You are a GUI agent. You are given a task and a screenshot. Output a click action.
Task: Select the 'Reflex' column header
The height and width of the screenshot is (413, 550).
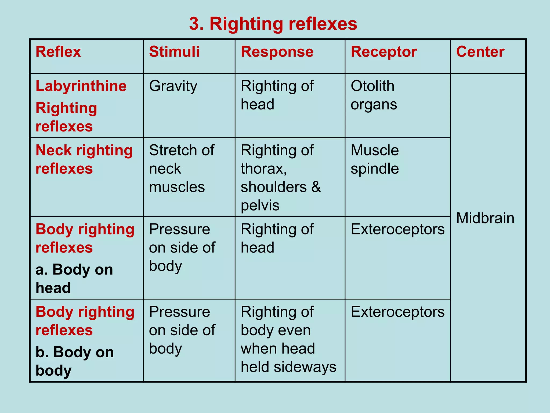[x=58, y=52]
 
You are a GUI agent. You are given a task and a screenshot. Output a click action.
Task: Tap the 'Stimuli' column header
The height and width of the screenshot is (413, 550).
[x=174, y=52]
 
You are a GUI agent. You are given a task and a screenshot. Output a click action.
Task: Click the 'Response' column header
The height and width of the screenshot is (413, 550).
[x=277, y=52]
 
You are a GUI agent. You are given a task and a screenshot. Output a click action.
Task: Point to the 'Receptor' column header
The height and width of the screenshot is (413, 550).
[x=384, y=52]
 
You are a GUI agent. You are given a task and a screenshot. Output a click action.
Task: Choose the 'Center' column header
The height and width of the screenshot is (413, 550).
[x=480, y=52]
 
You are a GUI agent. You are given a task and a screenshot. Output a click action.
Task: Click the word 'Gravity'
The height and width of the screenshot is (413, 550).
[x=173, y=86]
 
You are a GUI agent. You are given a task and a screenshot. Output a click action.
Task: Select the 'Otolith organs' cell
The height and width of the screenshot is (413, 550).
[x=374, y=95]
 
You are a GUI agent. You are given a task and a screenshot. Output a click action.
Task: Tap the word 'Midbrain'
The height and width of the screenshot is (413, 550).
[x=485, y=218]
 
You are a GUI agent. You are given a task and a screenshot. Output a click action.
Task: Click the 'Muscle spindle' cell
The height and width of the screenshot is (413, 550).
[x=375, y=159]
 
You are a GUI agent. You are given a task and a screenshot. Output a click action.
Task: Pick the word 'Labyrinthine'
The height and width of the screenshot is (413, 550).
[x=81, y=86]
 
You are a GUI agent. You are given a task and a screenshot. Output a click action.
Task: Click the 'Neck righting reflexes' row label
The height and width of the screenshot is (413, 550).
[x=84, y=159]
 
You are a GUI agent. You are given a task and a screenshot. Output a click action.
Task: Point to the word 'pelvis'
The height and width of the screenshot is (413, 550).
[x=260, y=205]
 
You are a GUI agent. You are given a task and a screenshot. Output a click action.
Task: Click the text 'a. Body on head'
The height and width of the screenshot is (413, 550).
[x=74, y=279]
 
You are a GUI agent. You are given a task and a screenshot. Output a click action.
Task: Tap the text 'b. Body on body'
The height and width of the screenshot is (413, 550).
[x=74, y=361]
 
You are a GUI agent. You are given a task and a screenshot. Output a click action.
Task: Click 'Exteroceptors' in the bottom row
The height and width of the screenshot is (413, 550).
[x=397, y=312]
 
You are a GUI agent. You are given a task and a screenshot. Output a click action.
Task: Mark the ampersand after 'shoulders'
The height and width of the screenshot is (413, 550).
[x=316, y=187]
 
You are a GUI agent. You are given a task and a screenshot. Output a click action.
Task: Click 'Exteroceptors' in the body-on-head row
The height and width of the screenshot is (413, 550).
[x=397, y=229]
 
